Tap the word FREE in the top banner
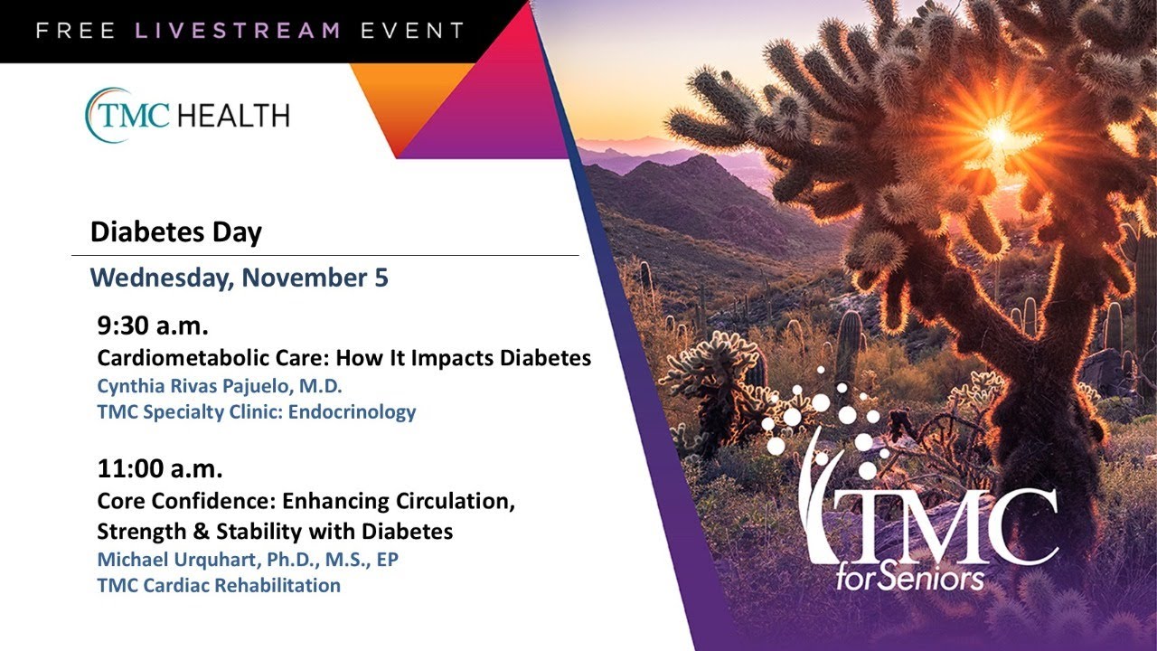click(76, 30)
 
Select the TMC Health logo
click(187, 115)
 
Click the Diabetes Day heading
click(175, 232)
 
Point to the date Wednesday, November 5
click(239, 278)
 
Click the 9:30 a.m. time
click(154, 326)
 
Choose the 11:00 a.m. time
click(160, 469)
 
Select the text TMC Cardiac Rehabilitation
click(219, 585)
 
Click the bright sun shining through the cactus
click(998, 135)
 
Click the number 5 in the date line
click(381, 278)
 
